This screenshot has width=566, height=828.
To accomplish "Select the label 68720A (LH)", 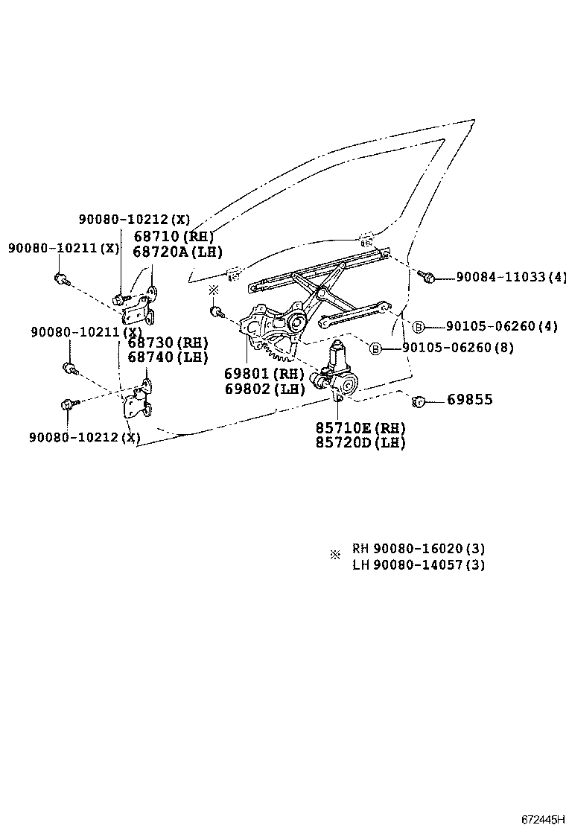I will click(x=177, y=252).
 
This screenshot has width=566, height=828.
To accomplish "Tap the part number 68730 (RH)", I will click(x=168, y=343).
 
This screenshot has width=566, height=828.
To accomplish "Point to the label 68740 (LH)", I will click(x=168, y=357).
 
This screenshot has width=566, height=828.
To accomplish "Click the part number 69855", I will click(x=469, y=400).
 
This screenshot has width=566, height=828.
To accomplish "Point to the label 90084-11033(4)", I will click(x=510, y=277).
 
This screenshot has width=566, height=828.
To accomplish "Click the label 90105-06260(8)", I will click(x=457, y=348).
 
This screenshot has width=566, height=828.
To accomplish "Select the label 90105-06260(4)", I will click(x=501, y=326).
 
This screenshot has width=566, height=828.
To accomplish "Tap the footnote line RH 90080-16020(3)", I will click(x=419, y=549).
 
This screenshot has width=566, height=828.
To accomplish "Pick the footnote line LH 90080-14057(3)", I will click(x=419, y=564).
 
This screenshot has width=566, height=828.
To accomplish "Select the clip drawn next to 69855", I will click(x=419, y=401).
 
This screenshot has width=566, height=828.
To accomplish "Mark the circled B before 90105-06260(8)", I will click(x=375, y=348).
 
